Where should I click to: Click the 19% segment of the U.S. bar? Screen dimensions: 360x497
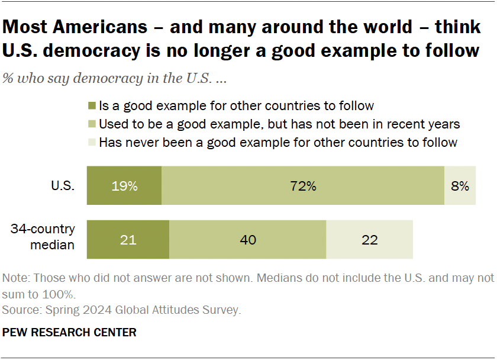[124, 185]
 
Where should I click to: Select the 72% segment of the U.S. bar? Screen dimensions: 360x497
[303, 185]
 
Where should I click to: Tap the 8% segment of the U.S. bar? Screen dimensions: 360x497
[460, 185]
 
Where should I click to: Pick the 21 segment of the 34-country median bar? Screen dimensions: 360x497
[128, 240]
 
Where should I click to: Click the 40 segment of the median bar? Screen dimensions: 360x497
[247, 240]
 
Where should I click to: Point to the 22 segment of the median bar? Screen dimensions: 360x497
[369, 240]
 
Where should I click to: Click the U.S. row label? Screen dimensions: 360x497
[63, 185]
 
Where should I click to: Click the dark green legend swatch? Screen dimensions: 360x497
[91, 106]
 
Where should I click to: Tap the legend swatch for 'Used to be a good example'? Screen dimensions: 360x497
[91, 124]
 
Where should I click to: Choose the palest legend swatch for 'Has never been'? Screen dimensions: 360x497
[91, 142]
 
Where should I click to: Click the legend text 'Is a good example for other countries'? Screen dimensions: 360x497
[236, 106]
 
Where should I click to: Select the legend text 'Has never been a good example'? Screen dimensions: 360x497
[278, 142]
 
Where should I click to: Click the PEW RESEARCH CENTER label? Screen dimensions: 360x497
[69, 332]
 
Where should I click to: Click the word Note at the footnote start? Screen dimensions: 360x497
[15, 278]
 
